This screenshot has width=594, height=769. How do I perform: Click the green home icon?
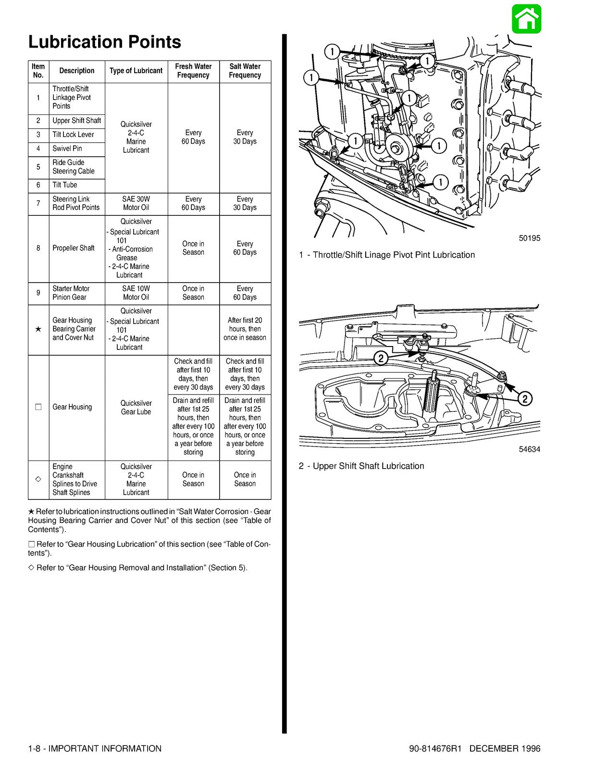coord(526,19)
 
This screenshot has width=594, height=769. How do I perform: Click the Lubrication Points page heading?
coord(105,42)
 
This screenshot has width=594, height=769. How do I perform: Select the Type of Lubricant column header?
coord(136,71)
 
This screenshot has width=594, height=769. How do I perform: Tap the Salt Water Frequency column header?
coord(245,71)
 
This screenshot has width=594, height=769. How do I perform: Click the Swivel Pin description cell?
coord(67,149)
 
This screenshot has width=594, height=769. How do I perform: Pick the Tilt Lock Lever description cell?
coord(73,135)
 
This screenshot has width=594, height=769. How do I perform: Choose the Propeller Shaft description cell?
coord(74,248)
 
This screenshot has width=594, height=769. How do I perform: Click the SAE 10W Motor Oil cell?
coord(136,293)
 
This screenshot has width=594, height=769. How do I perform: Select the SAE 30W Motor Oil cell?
coord(136,203)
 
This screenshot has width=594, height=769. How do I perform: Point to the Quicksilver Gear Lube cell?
coord(136,408)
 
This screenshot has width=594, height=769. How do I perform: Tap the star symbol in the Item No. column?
coord(38,329)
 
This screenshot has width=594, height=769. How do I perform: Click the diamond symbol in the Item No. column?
coord(38,480)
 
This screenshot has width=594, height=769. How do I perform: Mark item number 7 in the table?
coord(38,203)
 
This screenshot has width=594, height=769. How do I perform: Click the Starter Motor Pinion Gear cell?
coord(71,293)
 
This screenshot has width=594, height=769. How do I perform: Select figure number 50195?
coord(529,238)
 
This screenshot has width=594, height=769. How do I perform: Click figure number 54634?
coord(529,449)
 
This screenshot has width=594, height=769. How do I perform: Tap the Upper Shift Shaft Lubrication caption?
coord(361,466)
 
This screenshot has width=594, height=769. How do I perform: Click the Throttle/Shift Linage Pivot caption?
coord(387,255)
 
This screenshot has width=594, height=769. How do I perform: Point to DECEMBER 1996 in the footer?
coord(505,749)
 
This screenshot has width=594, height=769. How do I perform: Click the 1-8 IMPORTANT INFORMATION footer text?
coord(95,749)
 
